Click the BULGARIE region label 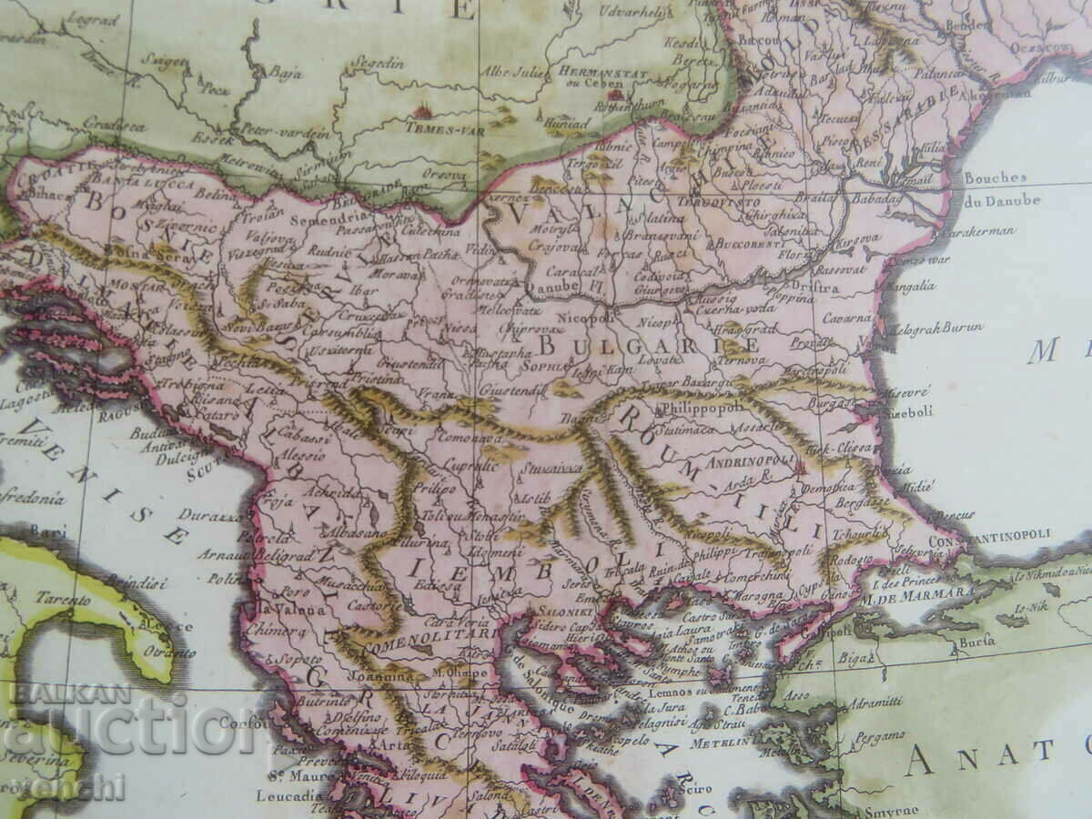pos(648,346)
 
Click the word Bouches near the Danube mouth pos(995,178)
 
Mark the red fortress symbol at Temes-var pos(421,112)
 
